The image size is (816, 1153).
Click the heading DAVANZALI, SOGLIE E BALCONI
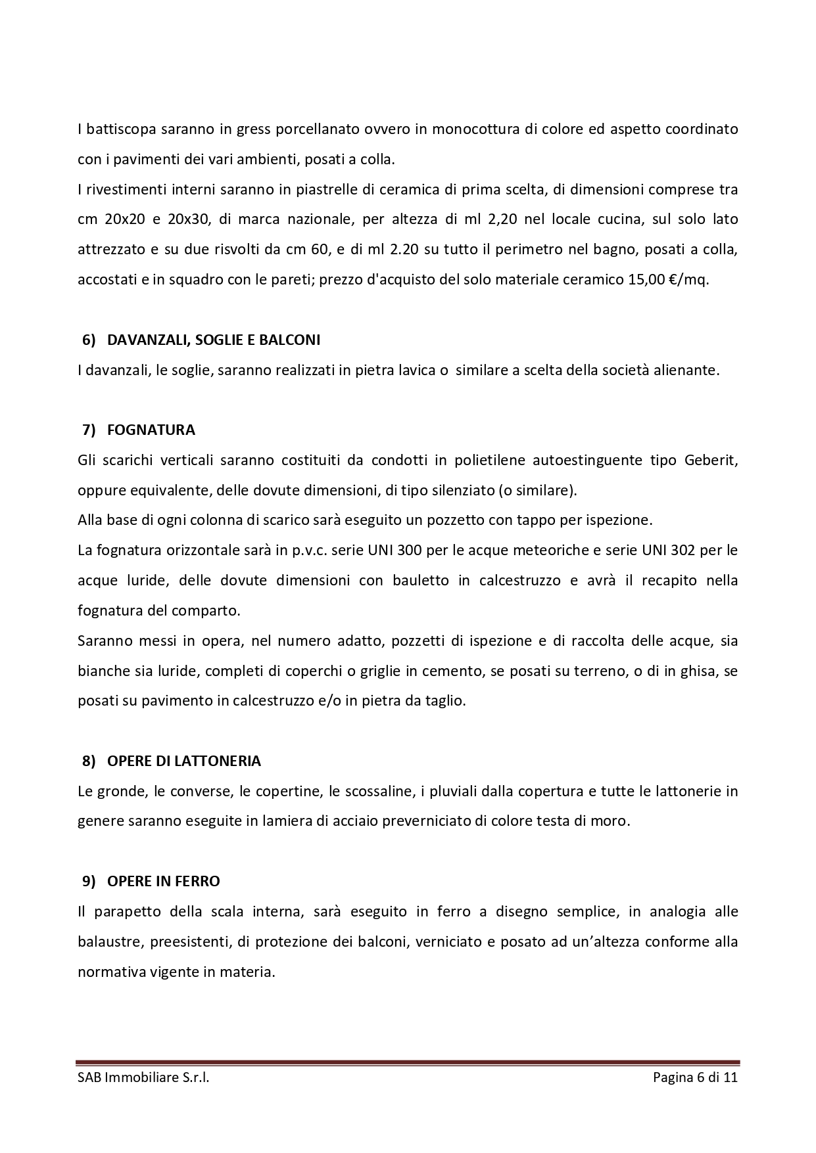click(213, 340)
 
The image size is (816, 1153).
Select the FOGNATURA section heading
click(151, 430)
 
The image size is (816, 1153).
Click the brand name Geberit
click(711, 460)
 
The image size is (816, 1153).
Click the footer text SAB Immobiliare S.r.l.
click(143, 1077)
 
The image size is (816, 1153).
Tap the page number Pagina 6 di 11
click(695, 1077)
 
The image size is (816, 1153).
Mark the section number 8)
click(89, 761)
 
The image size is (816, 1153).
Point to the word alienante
click(690, 371)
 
